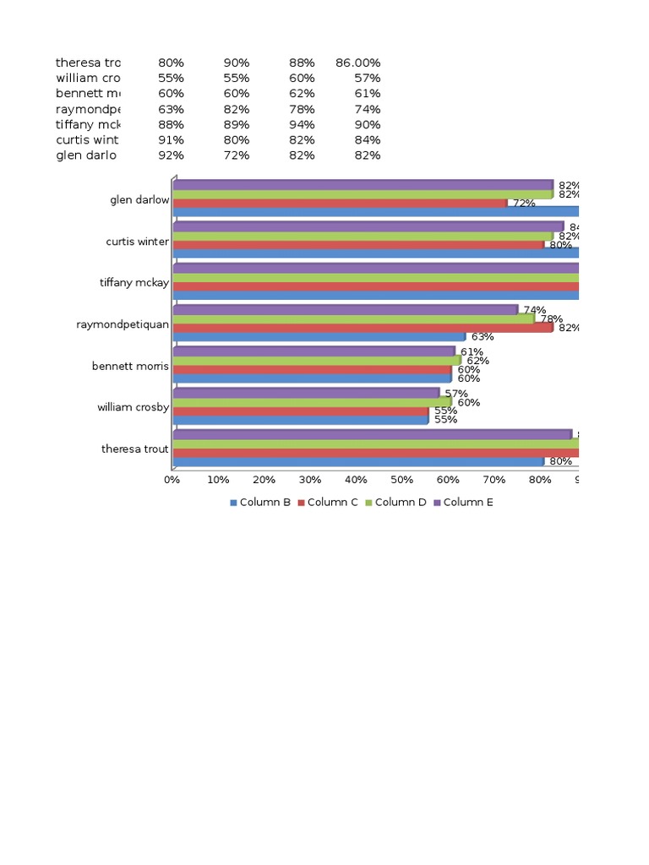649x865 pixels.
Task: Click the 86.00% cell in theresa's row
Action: [x=357, y=63]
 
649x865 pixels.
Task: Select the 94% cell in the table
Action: [x=302, y=124]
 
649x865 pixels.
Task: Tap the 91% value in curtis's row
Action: [x=171, y=139]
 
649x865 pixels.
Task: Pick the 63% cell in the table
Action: [x=171, y=109]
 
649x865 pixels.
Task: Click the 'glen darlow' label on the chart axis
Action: [x=139, y=200]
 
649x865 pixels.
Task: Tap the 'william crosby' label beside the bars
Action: [x=133, y=407]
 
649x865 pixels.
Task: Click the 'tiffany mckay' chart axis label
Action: [x=134, y=283]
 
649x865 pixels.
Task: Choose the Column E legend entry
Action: [x=464, y=503]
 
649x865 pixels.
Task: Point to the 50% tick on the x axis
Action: [x=402, y=480]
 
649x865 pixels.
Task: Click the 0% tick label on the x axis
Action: [x=172, y=480]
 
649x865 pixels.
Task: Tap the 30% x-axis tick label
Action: [x=310, y=480]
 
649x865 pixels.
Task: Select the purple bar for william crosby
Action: [x=306, y=393]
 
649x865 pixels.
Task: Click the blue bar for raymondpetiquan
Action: [x=319, y=336]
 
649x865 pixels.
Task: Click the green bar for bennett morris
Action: [x=317, y=361]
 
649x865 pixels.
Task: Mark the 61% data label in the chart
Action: [x=472, y=352]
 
